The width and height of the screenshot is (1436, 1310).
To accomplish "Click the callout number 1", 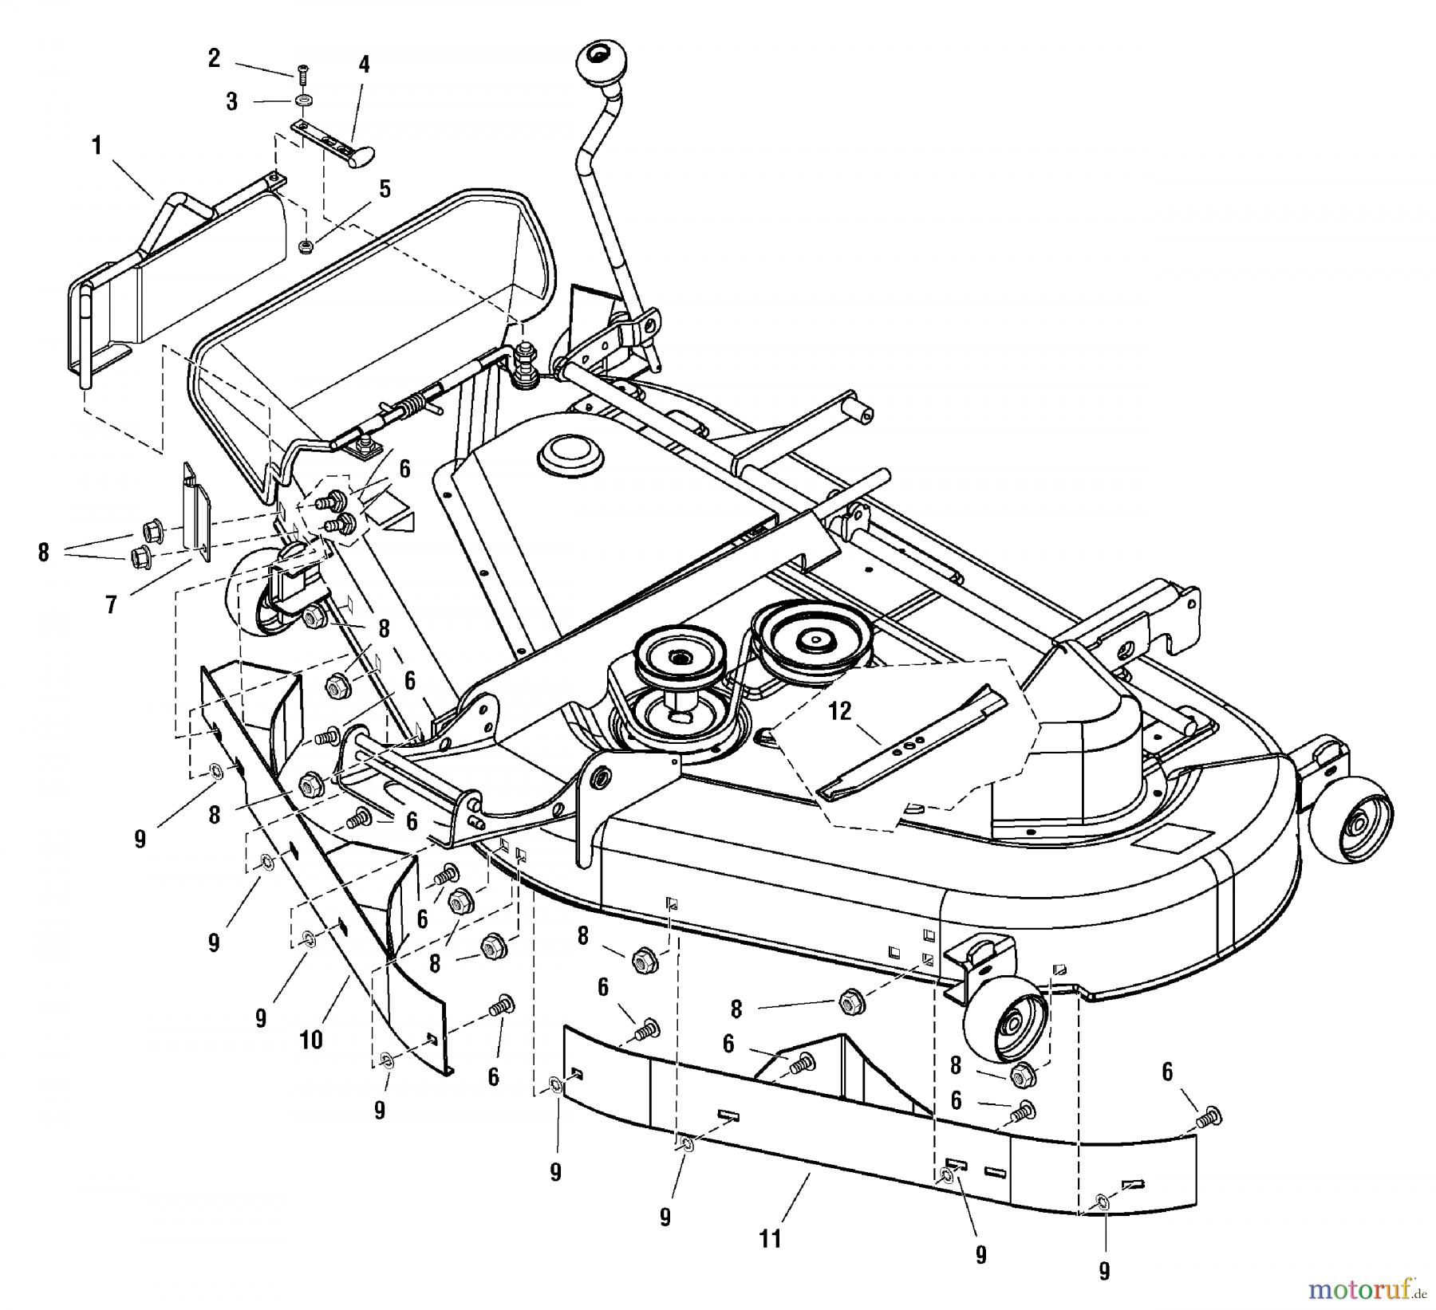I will point(97,148).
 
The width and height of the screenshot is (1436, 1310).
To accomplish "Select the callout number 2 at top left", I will point(213,58).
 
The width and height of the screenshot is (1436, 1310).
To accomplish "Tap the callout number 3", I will point(231,102).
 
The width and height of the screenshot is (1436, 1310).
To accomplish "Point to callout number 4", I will point(364,64).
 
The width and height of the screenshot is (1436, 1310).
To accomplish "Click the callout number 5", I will point(385,189).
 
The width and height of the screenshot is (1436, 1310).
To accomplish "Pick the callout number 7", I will point(111,605).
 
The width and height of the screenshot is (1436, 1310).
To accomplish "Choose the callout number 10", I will point(311,1040).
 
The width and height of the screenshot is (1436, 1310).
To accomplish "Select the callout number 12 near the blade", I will point(840,712).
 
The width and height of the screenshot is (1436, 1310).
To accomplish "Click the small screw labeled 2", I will point(302,77).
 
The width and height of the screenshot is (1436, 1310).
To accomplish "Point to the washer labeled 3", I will point(303,102).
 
